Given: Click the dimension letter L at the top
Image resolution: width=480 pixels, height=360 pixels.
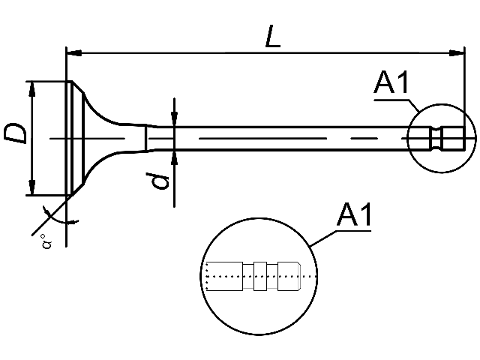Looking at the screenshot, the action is tap(272, 37).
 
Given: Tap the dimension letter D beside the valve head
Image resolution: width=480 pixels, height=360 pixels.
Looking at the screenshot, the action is tap(15, 133).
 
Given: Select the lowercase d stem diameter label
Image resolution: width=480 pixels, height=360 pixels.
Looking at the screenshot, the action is tap(157, 181).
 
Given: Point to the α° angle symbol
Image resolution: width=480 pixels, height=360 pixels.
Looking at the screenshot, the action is tap(46, 241).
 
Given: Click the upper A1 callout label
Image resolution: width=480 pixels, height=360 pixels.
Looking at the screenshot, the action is tap(391, 82).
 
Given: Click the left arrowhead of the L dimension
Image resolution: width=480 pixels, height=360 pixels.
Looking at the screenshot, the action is tap(74, 53).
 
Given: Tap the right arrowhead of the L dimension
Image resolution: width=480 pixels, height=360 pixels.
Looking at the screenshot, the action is tap(457, 53).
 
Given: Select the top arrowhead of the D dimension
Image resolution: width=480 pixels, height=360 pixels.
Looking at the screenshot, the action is tap(31, 89).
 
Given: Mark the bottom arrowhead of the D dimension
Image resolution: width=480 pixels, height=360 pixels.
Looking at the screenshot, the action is tap(31, 187).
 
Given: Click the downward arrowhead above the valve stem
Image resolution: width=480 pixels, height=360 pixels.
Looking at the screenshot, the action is tap(174, 118).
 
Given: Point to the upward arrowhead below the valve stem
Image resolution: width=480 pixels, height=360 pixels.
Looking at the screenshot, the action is tap(174, 157).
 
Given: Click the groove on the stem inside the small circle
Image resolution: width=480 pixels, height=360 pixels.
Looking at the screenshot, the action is tap(436, 138).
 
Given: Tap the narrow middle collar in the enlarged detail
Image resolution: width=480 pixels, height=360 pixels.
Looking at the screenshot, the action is tap(260, 276).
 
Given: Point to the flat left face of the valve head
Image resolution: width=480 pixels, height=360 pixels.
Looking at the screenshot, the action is tap(67, 138).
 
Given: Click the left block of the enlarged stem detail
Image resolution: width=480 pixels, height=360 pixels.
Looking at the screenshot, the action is tap(225, 276).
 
